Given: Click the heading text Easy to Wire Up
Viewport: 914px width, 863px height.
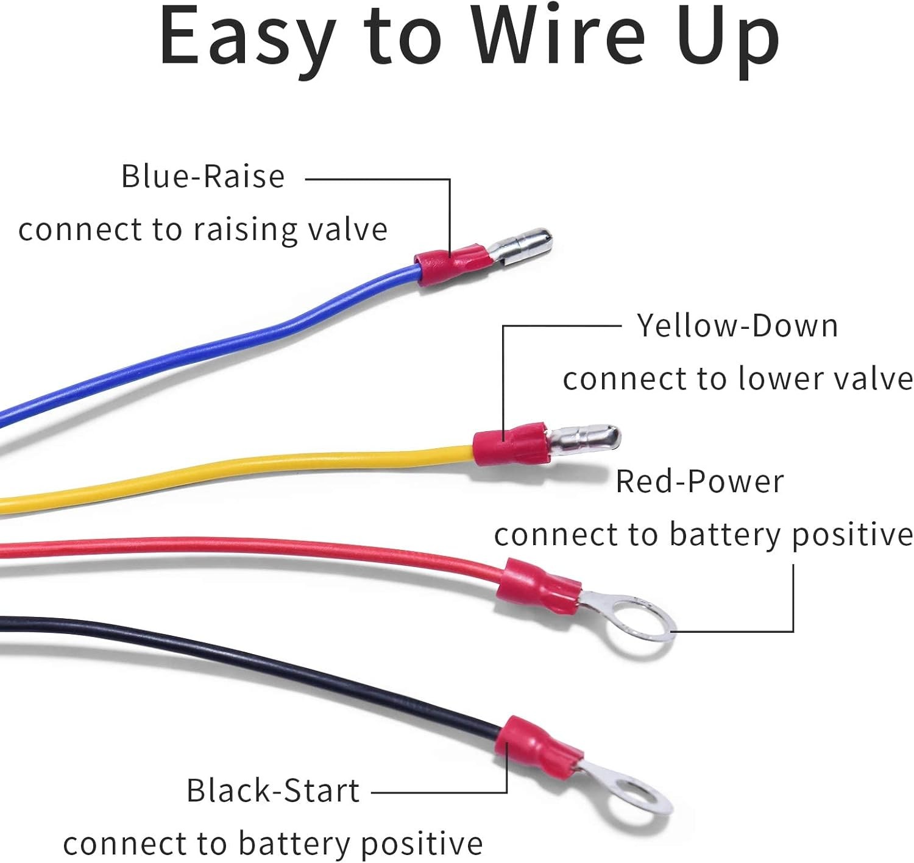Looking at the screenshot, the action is (x=469, y=40).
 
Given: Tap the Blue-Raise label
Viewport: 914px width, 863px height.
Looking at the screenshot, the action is (x=203, y=176).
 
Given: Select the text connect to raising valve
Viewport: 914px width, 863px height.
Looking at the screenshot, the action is (x=203, y=230).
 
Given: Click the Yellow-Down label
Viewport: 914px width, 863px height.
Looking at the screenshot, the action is (x=737, y=326).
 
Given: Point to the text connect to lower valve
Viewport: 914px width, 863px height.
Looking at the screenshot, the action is (x=738, y=379).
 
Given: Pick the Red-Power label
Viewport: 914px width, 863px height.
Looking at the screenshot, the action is (x=700, y=482).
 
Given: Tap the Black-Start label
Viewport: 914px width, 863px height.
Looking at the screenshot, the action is (x=273, y=791).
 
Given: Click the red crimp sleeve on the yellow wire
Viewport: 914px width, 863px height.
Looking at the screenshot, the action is (x=511, y=444).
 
